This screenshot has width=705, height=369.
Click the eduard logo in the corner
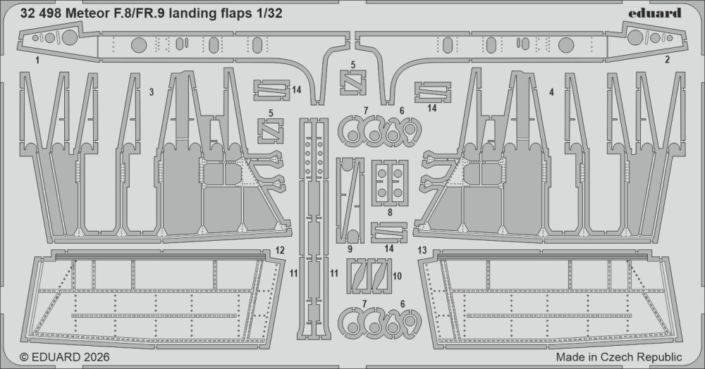pyautogui.click(x=655, y=13)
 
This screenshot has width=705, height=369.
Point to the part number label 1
pyautogui.click(x=37, y=59)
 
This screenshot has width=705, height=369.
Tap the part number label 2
pyautogui.click(x=667, y=59)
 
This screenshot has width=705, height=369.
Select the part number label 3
pyautogui.click(x=139, y=92)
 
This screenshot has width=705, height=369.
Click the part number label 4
pyautogui.click(x=551, y=92)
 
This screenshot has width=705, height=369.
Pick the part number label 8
pyautogui.click(x=390, y=212)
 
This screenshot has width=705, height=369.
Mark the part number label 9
pyautogui.click(x=350, y=249)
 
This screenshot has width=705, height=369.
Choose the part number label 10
pyautogui.click(x=397, y=276)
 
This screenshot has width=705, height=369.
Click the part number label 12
pyautogui.click(x=280, y=251)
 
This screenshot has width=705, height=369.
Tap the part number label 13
pyautogui.click(x=422, y=251)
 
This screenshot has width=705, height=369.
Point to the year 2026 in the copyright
pyautogui.click(x=95, y=357)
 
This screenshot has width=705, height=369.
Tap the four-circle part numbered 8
pyautogui.click(x=389, y=183)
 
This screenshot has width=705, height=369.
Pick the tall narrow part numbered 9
pyautogui.click(x=350, y=201)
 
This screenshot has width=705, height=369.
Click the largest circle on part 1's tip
pyautogui.click(x=70, y=38)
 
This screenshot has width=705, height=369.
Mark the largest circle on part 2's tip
pyautogui.click(x=635, y=37)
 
